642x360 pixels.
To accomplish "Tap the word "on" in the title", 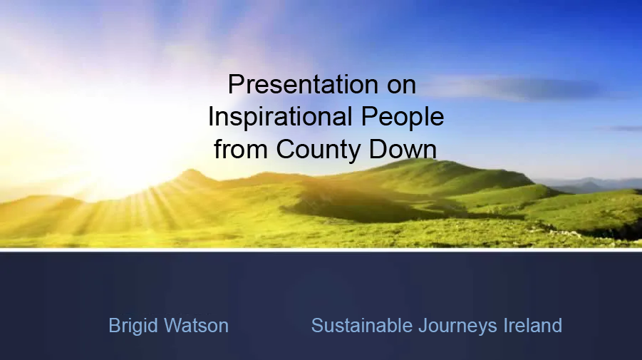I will click(401, 85).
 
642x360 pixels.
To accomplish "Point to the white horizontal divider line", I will click(321, 250).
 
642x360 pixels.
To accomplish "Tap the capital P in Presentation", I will click(235, 85).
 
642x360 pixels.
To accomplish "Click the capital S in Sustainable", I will click(317, 326).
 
